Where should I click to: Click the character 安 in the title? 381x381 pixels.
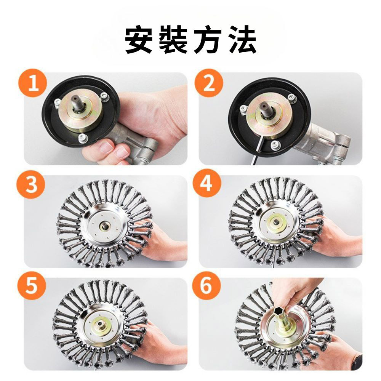pos(139,40)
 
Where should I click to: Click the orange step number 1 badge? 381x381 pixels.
pos(33,83)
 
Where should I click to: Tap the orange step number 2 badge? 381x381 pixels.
pos(208,83)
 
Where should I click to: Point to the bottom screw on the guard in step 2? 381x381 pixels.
pos(274,145)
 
